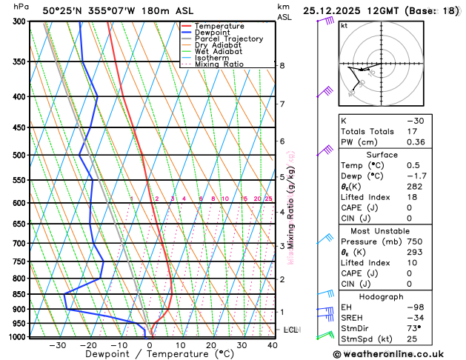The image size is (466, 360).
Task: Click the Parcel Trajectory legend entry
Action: (x=228, y=39)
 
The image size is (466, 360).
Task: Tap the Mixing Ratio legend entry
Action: (x=219, y=64)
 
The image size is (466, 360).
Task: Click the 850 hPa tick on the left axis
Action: (x=23, y=295)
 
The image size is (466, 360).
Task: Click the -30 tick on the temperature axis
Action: (x=58, y=345)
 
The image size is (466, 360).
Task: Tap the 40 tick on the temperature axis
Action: (x=273, y=345)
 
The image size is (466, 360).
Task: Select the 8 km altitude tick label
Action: (x=282, y=66)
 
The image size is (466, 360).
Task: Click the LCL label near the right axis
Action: (x=290, y=330)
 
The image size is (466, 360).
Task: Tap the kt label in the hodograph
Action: (x=344, y=26)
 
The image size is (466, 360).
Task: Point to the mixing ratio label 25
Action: (x=268, y=199)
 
